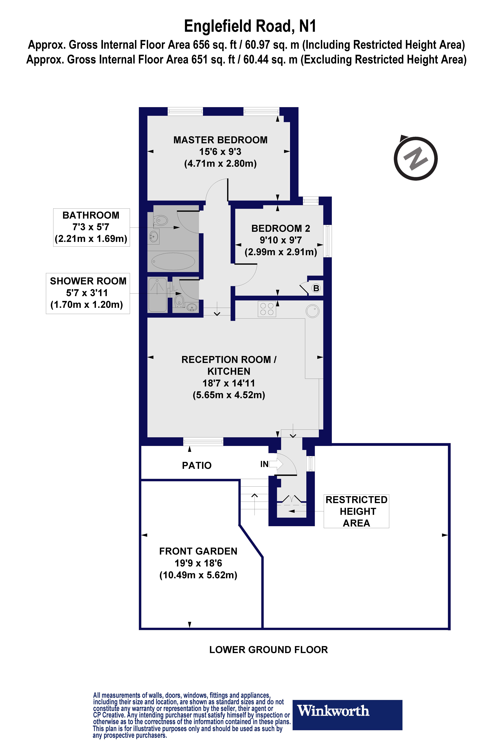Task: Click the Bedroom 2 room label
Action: tap(280, 228)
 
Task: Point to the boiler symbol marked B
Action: tap(316, 288)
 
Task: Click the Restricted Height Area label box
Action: tap(356, 511)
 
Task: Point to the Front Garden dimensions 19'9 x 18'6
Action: tap(198, 563)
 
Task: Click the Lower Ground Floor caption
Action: tap(268, 650)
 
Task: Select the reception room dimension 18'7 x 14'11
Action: tap(229, 383)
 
